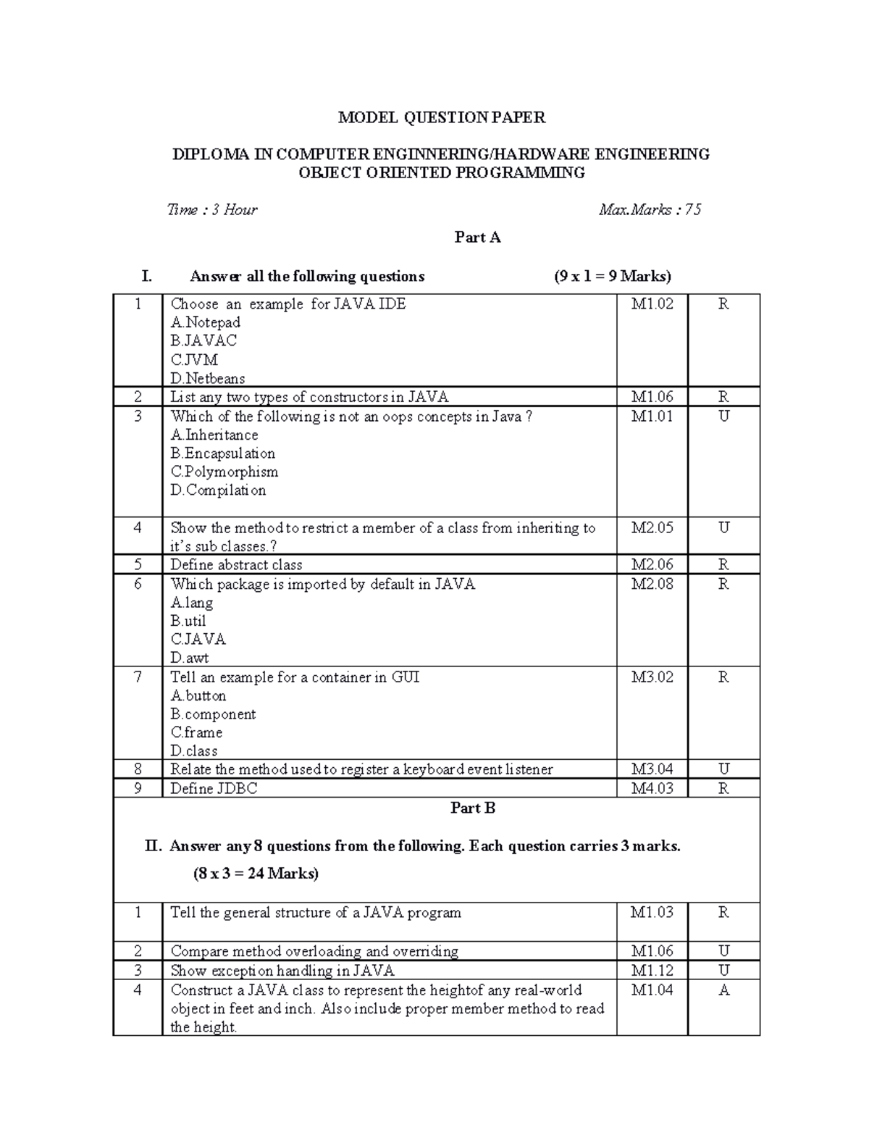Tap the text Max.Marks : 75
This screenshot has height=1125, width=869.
coord(650,210)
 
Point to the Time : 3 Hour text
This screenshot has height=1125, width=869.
coord(212,210)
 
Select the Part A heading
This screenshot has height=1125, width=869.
coord(477,238)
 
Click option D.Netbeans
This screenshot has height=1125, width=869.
coord(208,378)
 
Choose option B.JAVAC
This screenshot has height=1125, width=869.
coord(203,340)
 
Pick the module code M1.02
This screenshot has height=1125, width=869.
coord(652,304)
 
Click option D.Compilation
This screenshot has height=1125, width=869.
coord(218,490)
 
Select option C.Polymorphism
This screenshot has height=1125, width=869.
coord(224,472)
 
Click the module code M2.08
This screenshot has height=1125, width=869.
coord(652,585)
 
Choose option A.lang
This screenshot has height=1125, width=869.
coord(192,603)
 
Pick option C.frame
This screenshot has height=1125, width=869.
coord(196,732)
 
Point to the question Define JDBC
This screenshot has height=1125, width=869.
coord(214,788)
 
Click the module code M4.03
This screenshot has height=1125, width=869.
coord(652,788)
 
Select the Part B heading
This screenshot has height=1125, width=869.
coord(473,808)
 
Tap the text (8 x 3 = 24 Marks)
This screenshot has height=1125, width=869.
coord(256,874)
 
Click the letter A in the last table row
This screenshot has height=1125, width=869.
coord(723,990)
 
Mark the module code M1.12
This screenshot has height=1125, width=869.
coord(652,971)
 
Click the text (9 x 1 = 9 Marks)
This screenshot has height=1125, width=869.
coord(613,277)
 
